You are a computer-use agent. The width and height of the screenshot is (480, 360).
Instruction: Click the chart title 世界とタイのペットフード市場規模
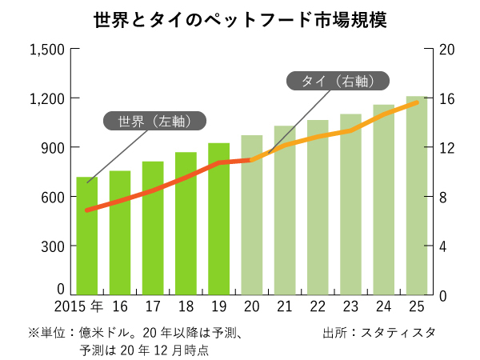pos(239,20)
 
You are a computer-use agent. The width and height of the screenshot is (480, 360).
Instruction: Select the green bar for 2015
pos(86,235)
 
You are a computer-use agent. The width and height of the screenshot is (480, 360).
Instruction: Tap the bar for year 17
pos(153,228)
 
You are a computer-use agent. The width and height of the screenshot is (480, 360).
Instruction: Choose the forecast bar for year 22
pos(318,207)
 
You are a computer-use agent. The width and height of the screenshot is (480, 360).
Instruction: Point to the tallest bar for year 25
pos(417,195)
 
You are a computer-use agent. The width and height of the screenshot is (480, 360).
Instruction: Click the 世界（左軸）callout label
pos(154,122)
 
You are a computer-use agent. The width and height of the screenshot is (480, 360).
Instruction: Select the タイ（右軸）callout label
pos(338,81)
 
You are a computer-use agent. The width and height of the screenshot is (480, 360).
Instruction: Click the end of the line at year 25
pos(417,102)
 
